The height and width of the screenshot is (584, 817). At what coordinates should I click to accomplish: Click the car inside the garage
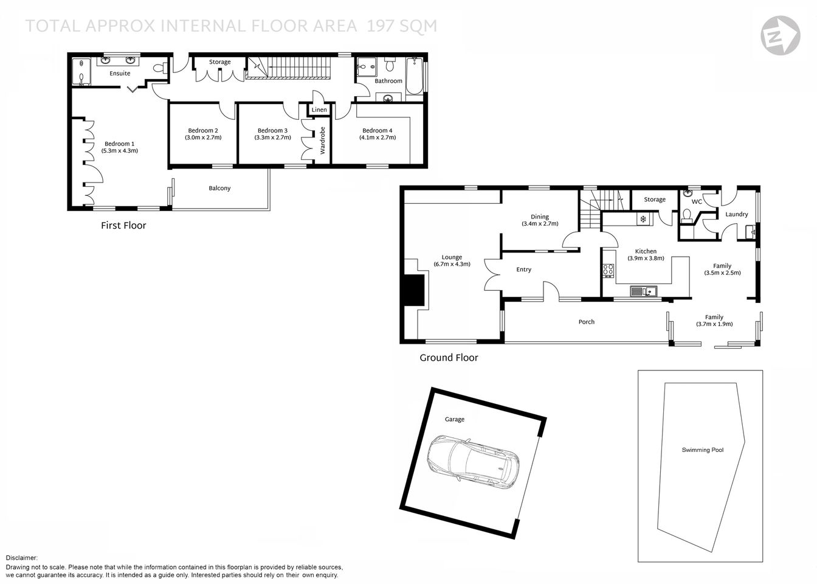(x=472, y=461)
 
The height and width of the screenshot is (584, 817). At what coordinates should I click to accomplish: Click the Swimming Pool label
(x=702, y=450)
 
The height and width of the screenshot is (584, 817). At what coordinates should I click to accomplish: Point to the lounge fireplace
(x=415, y=289)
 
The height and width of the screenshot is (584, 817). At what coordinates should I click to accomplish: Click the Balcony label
(x=219, y=189)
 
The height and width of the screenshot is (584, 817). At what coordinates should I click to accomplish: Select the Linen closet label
(x=319, y=110)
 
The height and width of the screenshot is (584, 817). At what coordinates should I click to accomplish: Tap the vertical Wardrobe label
(x=323, y=141)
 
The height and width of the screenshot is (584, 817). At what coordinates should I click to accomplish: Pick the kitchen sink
(x=642, y=291)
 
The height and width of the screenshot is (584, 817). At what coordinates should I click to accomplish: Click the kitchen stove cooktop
(x=607, y=271)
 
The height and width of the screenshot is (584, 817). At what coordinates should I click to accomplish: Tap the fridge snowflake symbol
(x=642, y=219)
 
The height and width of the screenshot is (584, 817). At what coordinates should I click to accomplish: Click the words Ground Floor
(x=449, y=358)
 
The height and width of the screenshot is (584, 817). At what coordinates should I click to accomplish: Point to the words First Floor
(x=123, y=226)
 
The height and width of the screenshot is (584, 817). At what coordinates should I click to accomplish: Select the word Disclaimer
(x=22, y=558)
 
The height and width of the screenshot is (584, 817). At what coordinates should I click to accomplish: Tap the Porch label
(x=586, y=322)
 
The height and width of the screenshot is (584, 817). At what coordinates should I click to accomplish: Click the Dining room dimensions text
(x=540, y=224)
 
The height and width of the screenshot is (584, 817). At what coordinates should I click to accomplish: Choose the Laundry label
(x=736, y=214)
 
